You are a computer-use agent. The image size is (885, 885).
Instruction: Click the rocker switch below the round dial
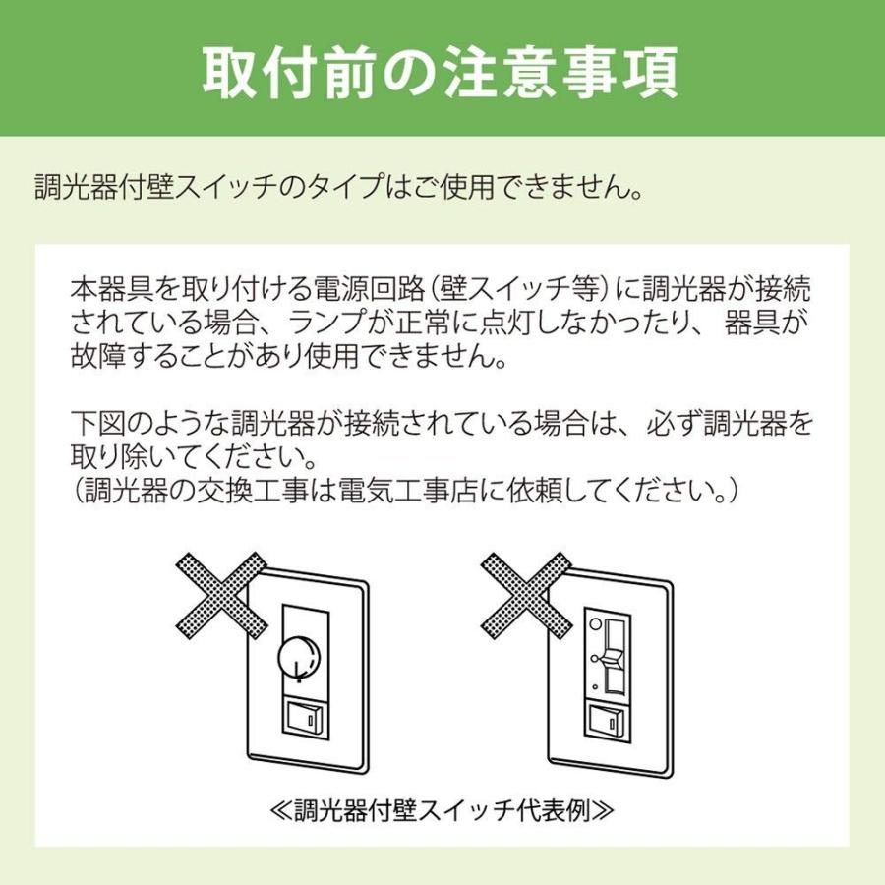[303, 719]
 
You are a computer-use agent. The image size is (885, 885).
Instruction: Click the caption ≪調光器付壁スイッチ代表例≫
[442, 811]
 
